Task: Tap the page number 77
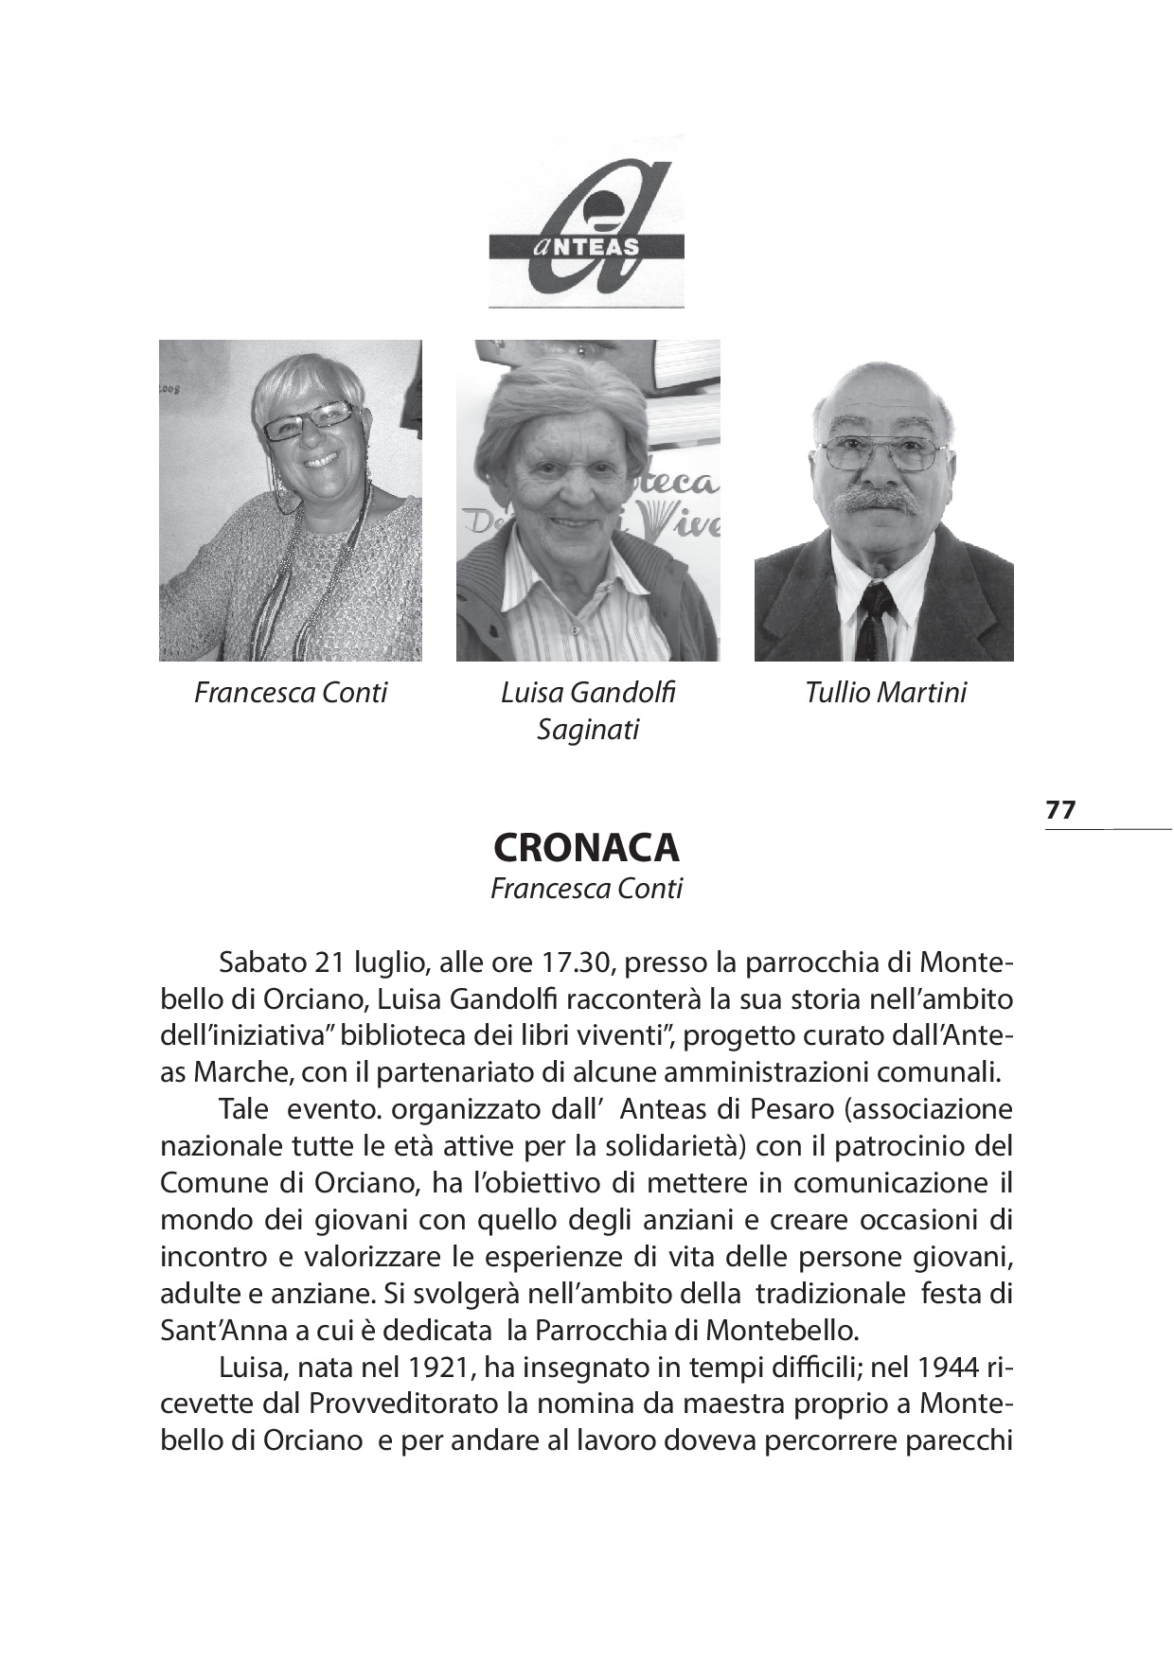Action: click(1060, 810)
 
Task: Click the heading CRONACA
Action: click(586, 847)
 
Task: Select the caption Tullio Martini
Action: click(885, 693)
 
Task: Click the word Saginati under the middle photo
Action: click(587, 730)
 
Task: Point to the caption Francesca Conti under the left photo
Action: click(291, 693)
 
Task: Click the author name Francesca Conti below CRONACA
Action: click(586, 890)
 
